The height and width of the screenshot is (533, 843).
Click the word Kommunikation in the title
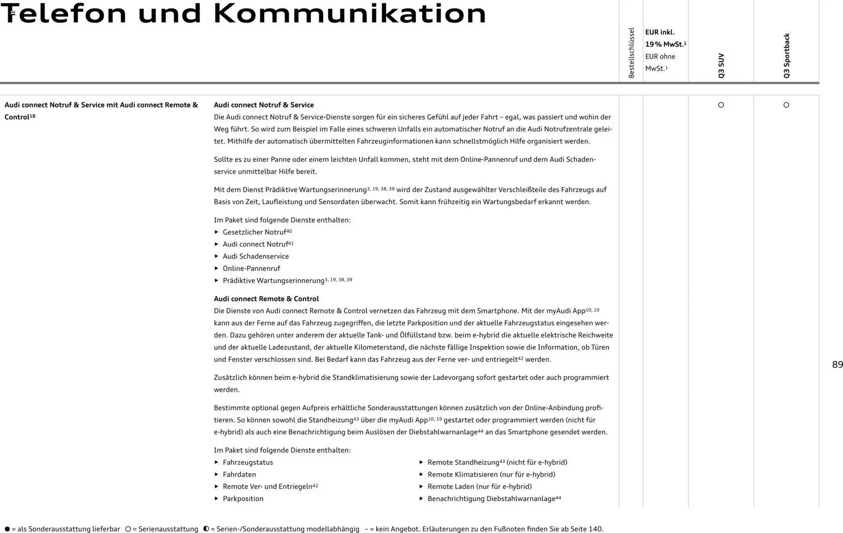[x=350, y=14]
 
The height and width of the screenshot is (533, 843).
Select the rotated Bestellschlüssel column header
[x=631, y=53]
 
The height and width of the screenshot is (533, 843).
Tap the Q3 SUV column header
[x=721, y=65]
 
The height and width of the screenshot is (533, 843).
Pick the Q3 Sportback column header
[x=786, y=55]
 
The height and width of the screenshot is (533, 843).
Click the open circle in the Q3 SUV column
[x=721, y=105]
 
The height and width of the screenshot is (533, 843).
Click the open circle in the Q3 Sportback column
[x=786, y=105]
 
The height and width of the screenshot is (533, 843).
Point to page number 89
[x=838, y=365]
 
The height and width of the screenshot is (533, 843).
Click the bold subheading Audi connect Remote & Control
[x=266, y=299]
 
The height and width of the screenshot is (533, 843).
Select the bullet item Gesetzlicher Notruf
[x=254, y=232]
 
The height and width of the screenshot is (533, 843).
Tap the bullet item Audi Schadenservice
[x=256, y=256]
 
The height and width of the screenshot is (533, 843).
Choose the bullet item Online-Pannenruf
[x=251, y=268]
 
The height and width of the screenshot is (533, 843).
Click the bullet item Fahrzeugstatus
[x=248, y=462]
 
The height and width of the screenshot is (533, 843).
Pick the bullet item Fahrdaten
[x=239, y=474]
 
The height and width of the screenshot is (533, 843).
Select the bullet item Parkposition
[x=243, y=499]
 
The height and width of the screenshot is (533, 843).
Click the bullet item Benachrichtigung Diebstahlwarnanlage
[x=491, y=499]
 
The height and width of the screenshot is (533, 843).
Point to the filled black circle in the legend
[x=7, y=529]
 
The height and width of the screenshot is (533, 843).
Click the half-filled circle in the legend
[x=206, y=529]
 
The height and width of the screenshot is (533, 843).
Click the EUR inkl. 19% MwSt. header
[x=665, y=38]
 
